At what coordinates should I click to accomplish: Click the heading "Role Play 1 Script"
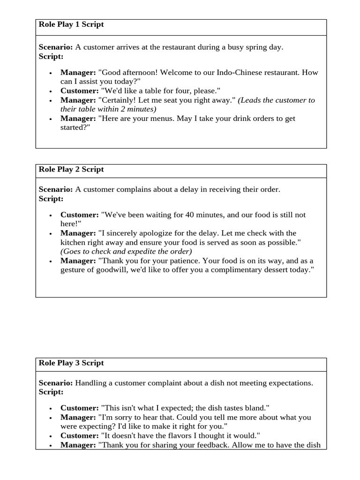pos(71,25)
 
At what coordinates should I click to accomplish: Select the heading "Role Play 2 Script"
pos(71,169)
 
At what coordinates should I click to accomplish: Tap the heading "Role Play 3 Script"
pos(71,363)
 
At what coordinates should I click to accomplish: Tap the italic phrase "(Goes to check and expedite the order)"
pos(126,251)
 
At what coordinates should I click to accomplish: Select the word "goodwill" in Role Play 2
pos(105,270)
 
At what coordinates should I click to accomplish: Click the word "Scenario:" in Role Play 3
pos(56,383)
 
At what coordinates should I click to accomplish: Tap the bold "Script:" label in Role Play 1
pos(51,56)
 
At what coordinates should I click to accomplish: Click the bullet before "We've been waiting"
pos(50,215)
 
